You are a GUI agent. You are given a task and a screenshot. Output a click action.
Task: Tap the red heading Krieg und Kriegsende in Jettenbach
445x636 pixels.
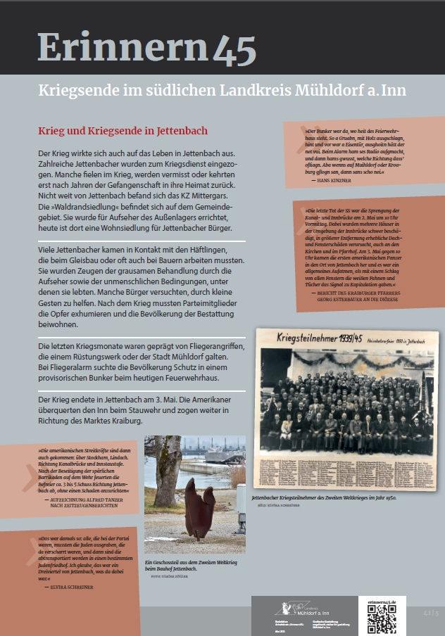click(123, 131)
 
